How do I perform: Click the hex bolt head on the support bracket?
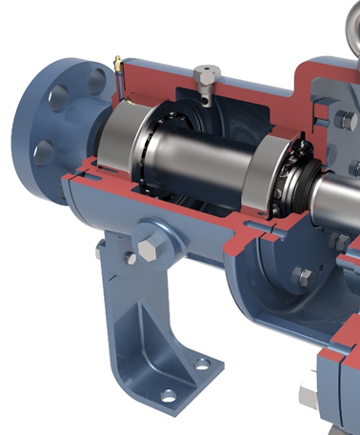[148, 250]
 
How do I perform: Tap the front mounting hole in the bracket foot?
[169, 394]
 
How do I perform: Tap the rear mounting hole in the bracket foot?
[202, 363]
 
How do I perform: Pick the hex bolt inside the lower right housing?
[301, 277]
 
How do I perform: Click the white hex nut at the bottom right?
[308, 395]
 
